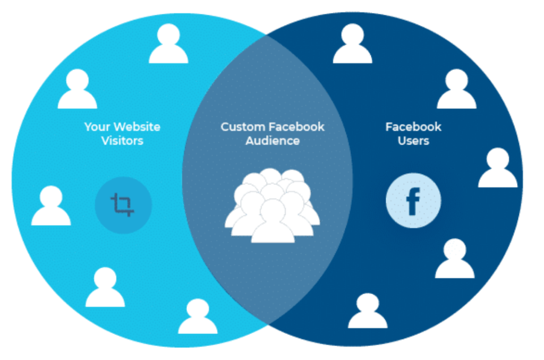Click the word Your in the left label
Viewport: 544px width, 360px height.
(97, 127)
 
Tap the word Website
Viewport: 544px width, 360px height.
(137, 127)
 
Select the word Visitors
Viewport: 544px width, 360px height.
(122, 141)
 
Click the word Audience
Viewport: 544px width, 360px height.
(273, 141)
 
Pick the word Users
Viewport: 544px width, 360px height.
(413, 141)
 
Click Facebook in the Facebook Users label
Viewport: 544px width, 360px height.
(413, 127)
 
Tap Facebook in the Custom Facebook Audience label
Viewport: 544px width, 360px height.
(296, 127)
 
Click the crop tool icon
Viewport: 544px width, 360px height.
(123, 204)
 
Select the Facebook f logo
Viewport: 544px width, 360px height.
(413, 201)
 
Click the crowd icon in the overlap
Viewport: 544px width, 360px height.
(273, 205)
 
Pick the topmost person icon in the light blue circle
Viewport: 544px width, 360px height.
(168, 44)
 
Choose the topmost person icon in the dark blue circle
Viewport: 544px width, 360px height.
(353, 44)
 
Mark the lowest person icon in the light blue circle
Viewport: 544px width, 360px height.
(198, 316)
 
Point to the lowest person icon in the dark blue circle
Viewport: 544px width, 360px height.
(368, 311)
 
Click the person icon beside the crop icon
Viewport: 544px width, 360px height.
(51, 205)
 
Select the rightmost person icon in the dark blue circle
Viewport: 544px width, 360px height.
(498, 168)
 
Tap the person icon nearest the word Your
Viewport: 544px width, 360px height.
(78, 89)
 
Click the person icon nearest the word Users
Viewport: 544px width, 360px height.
(456, 89)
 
